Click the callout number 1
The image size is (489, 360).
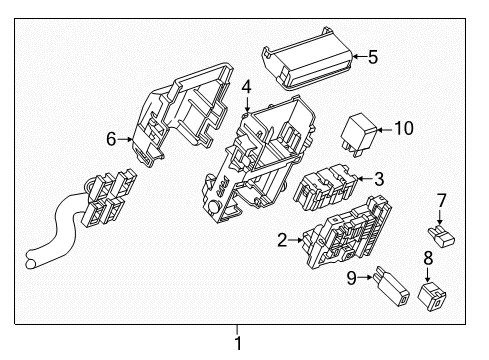click(x=237, y=347)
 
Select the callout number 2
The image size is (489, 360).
click(x=283, y=240)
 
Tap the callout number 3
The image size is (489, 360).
click(x=378, y=180)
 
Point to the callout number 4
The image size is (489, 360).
click(x=246, y=90)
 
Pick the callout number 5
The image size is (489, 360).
click(x=372, y=57)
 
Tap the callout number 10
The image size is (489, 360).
click(x=402, y=127)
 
